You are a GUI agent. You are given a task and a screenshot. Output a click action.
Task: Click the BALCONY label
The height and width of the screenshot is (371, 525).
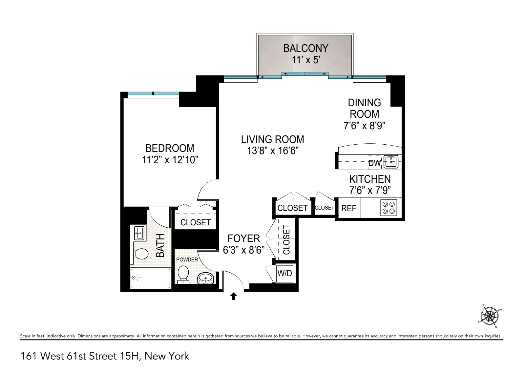tap(305, 48)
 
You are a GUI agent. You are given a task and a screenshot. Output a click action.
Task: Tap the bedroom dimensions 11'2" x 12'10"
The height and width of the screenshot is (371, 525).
tap(170, 160)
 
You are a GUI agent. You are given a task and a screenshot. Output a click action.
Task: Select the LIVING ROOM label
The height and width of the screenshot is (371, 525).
tap(273, 139)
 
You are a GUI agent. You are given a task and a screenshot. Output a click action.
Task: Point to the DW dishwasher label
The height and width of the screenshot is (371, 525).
tap(374, 163)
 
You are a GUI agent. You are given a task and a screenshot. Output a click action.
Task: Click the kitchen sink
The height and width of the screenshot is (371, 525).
tap(391, 161)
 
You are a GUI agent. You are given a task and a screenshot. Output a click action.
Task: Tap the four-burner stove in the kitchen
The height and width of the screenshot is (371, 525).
tap(388, 208)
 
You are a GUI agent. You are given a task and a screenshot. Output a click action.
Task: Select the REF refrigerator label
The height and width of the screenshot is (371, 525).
tap(349, 208)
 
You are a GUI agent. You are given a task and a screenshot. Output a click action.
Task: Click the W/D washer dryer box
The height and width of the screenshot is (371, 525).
tap(285, 273)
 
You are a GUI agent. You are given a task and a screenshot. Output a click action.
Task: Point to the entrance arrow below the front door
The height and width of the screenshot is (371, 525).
tap(233, 296)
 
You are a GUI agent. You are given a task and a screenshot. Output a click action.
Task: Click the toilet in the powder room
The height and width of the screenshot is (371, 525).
tap(183, 275)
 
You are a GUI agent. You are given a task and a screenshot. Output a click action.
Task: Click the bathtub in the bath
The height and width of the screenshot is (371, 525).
tap(150, 278)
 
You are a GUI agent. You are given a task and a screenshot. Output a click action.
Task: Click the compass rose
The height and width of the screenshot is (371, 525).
tap(489, 316)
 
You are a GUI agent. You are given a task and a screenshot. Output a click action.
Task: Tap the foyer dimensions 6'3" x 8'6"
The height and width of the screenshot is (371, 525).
tap(244, 250)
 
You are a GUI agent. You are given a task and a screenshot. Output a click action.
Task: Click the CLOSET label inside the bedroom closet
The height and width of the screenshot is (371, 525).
tap(196, 222)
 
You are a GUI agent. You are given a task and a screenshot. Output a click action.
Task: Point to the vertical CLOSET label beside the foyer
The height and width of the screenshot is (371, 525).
tap(286, 240)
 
